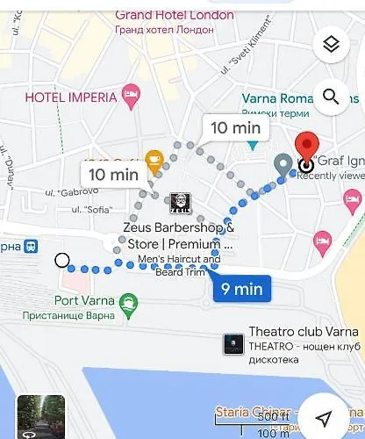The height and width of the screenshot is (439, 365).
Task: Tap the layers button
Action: coord(332,44)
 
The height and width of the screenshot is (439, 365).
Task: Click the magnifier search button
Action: coord(332,97)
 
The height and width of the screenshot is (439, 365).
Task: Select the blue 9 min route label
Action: coord(242,287)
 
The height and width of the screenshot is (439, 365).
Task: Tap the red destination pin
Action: coord(306,149)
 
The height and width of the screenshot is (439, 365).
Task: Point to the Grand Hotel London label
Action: coord(174,15)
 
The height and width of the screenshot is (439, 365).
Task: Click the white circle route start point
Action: coord(62,260)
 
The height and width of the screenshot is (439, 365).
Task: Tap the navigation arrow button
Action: coord(325,418)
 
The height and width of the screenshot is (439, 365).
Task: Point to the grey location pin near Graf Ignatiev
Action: coord(283,164)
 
